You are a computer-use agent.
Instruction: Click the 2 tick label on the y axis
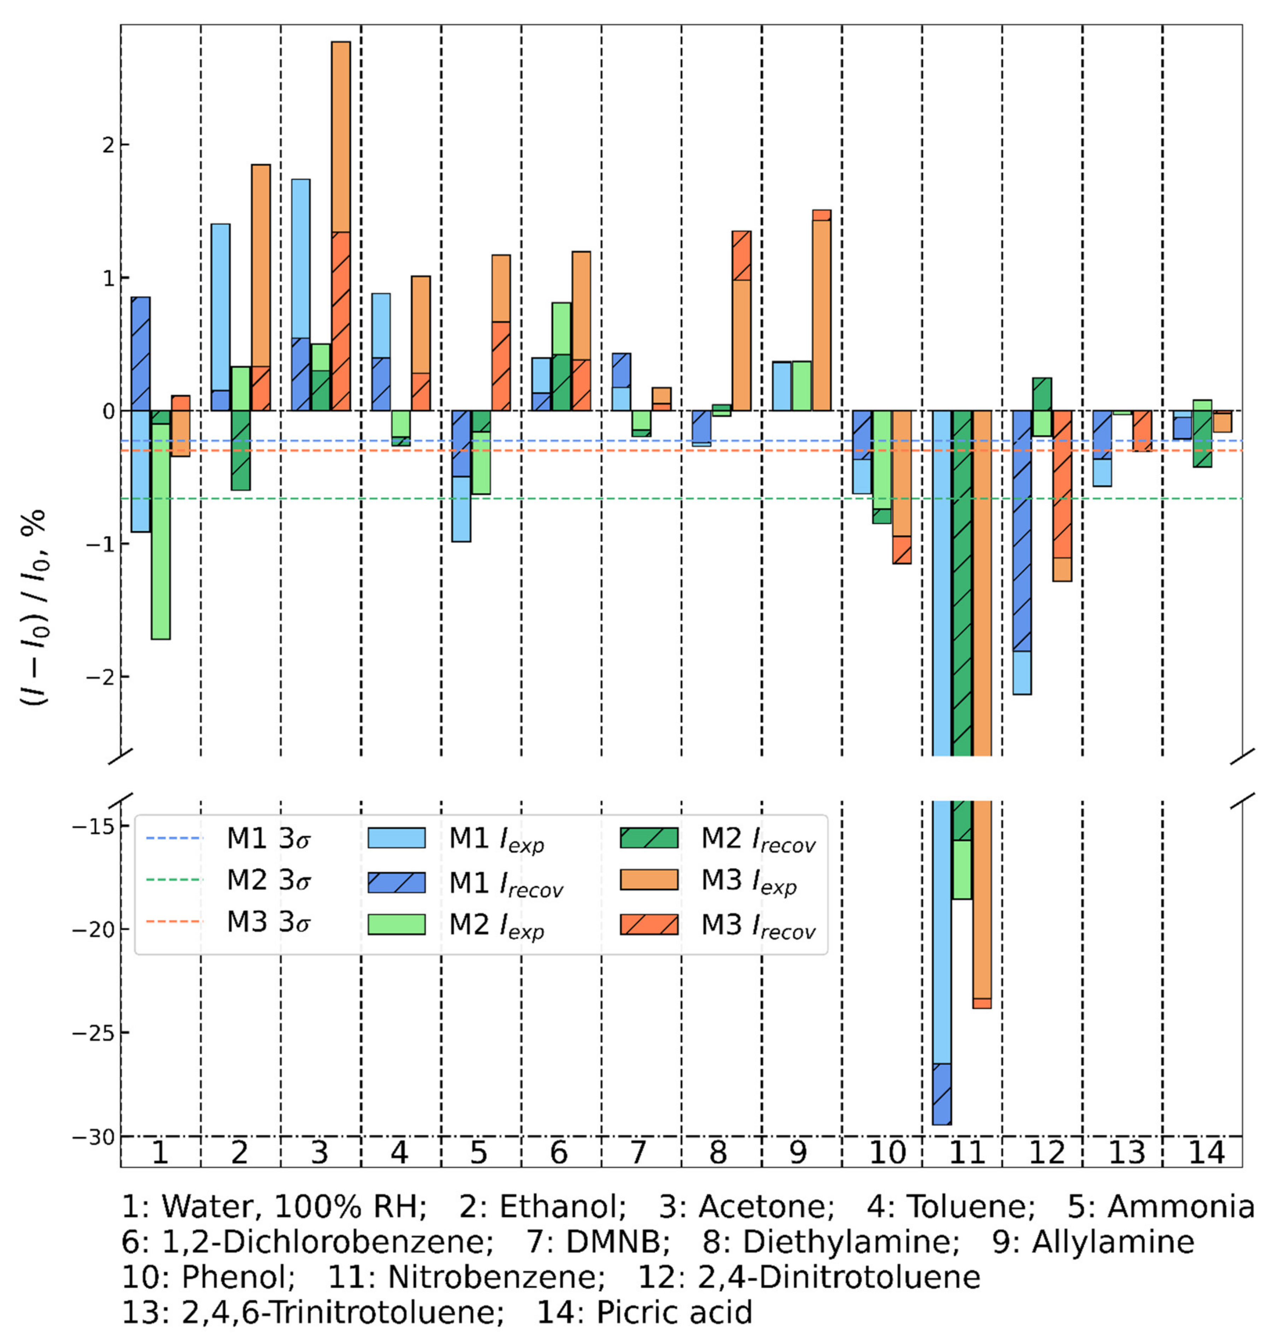coord(105,145)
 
